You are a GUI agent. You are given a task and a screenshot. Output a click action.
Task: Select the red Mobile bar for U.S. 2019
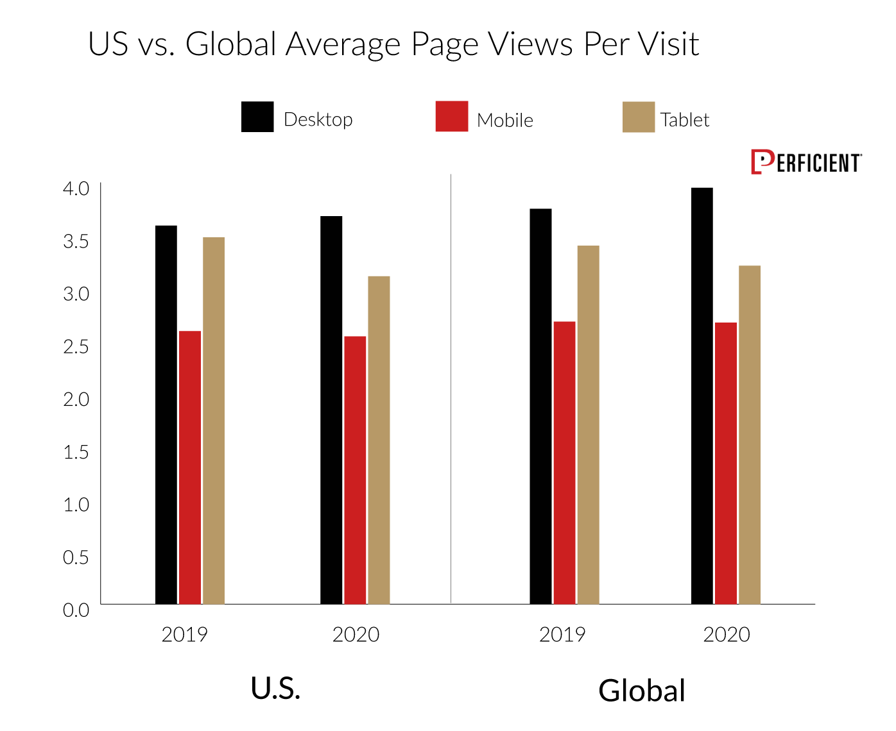click(190, 467)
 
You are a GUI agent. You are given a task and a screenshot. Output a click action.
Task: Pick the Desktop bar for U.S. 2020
click(331, 410)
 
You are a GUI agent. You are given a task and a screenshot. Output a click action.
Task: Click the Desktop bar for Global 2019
click(540, 407)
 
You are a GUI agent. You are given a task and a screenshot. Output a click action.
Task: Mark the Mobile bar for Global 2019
click(564, 462)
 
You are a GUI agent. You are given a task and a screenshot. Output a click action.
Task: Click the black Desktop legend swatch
click(257, 117)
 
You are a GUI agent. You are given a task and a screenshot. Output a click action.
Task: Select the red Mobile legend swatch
click(451, 116)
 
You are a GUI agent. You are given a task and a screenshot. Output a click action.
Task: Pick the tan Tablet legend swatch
click(638, 117)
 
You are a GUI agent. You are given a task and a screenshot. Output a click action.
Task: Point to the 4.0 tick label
click(76, 189)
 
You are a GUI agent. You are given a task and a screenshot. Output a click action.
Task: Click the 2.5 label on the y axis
click(76, 347)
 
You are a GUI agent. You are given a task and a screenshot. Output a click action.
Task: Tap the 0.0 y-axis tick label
click(76, 610)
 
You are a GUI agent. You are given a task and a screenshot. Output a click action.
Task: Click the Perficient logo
click(806, 162)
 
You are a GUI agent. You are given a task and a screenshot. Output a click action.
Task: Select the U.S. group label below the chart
click(275, 688)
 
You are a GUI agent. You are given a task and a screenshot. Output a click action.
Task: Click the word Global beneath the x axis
click(642, 691)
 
